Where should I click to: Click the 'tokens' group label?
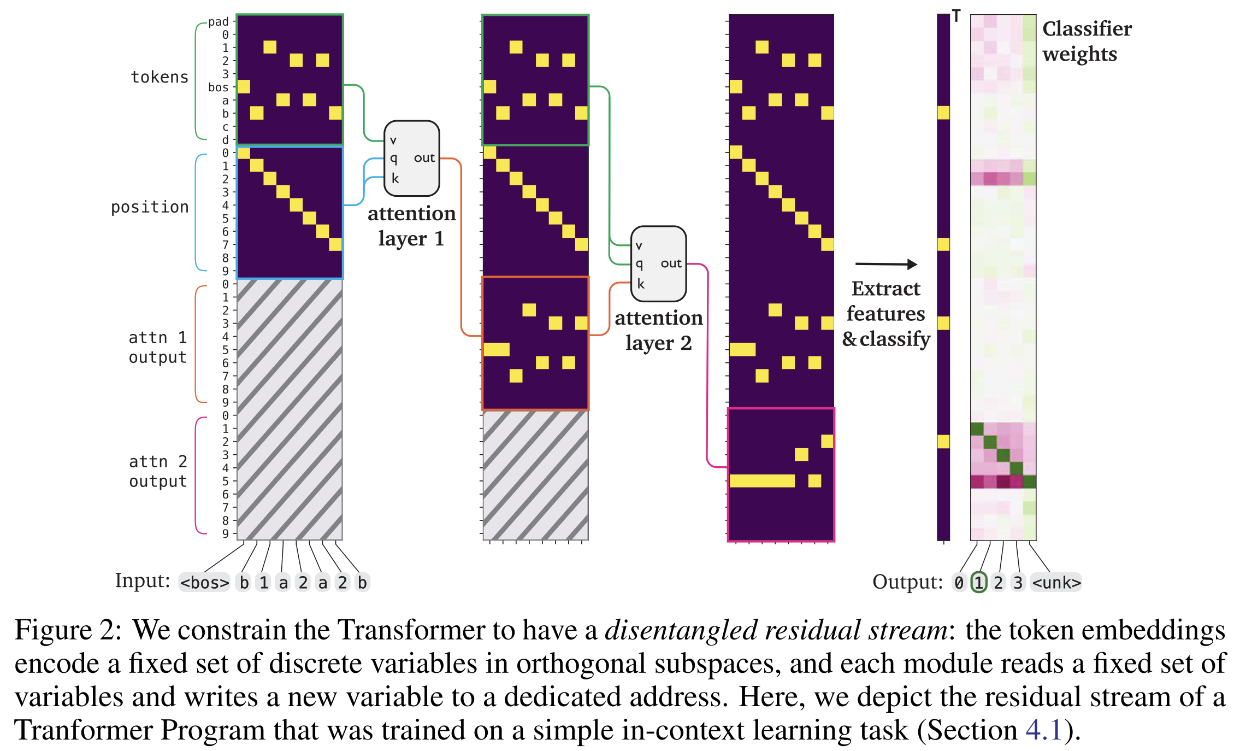(160, 77)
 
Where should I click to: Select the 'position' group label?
(150, 207)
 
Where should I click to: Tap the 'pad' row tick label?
(218, 22)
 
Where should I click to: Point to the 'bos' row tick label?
(218, 87)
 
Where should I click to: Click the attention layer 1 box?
(412, 159)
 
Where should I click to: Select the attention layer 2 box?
(658, 264)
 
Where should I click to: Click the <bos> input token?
(204, 583)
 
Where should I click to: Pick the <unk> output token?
(1056, 583)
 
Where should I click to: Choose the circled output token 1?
(979, 583)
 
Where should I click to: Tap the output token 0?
(959, 583)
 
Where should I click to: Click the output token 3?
(1018, 583)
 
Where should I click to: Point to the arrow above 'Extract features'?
(886, 265)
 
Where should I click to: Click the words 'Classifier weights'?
(1087, 42)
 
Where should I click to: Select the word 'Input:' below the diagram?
(143, 580)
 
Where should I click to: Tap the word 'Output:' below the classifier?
(907, 582)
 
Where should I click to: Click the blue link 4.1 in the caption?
(1043, 730)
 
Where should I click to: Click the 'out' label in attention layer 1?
(424, 159)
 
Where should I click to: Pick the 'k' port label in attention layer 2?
(641, 284)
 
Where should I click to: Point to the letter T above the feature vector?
(956, 16)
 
